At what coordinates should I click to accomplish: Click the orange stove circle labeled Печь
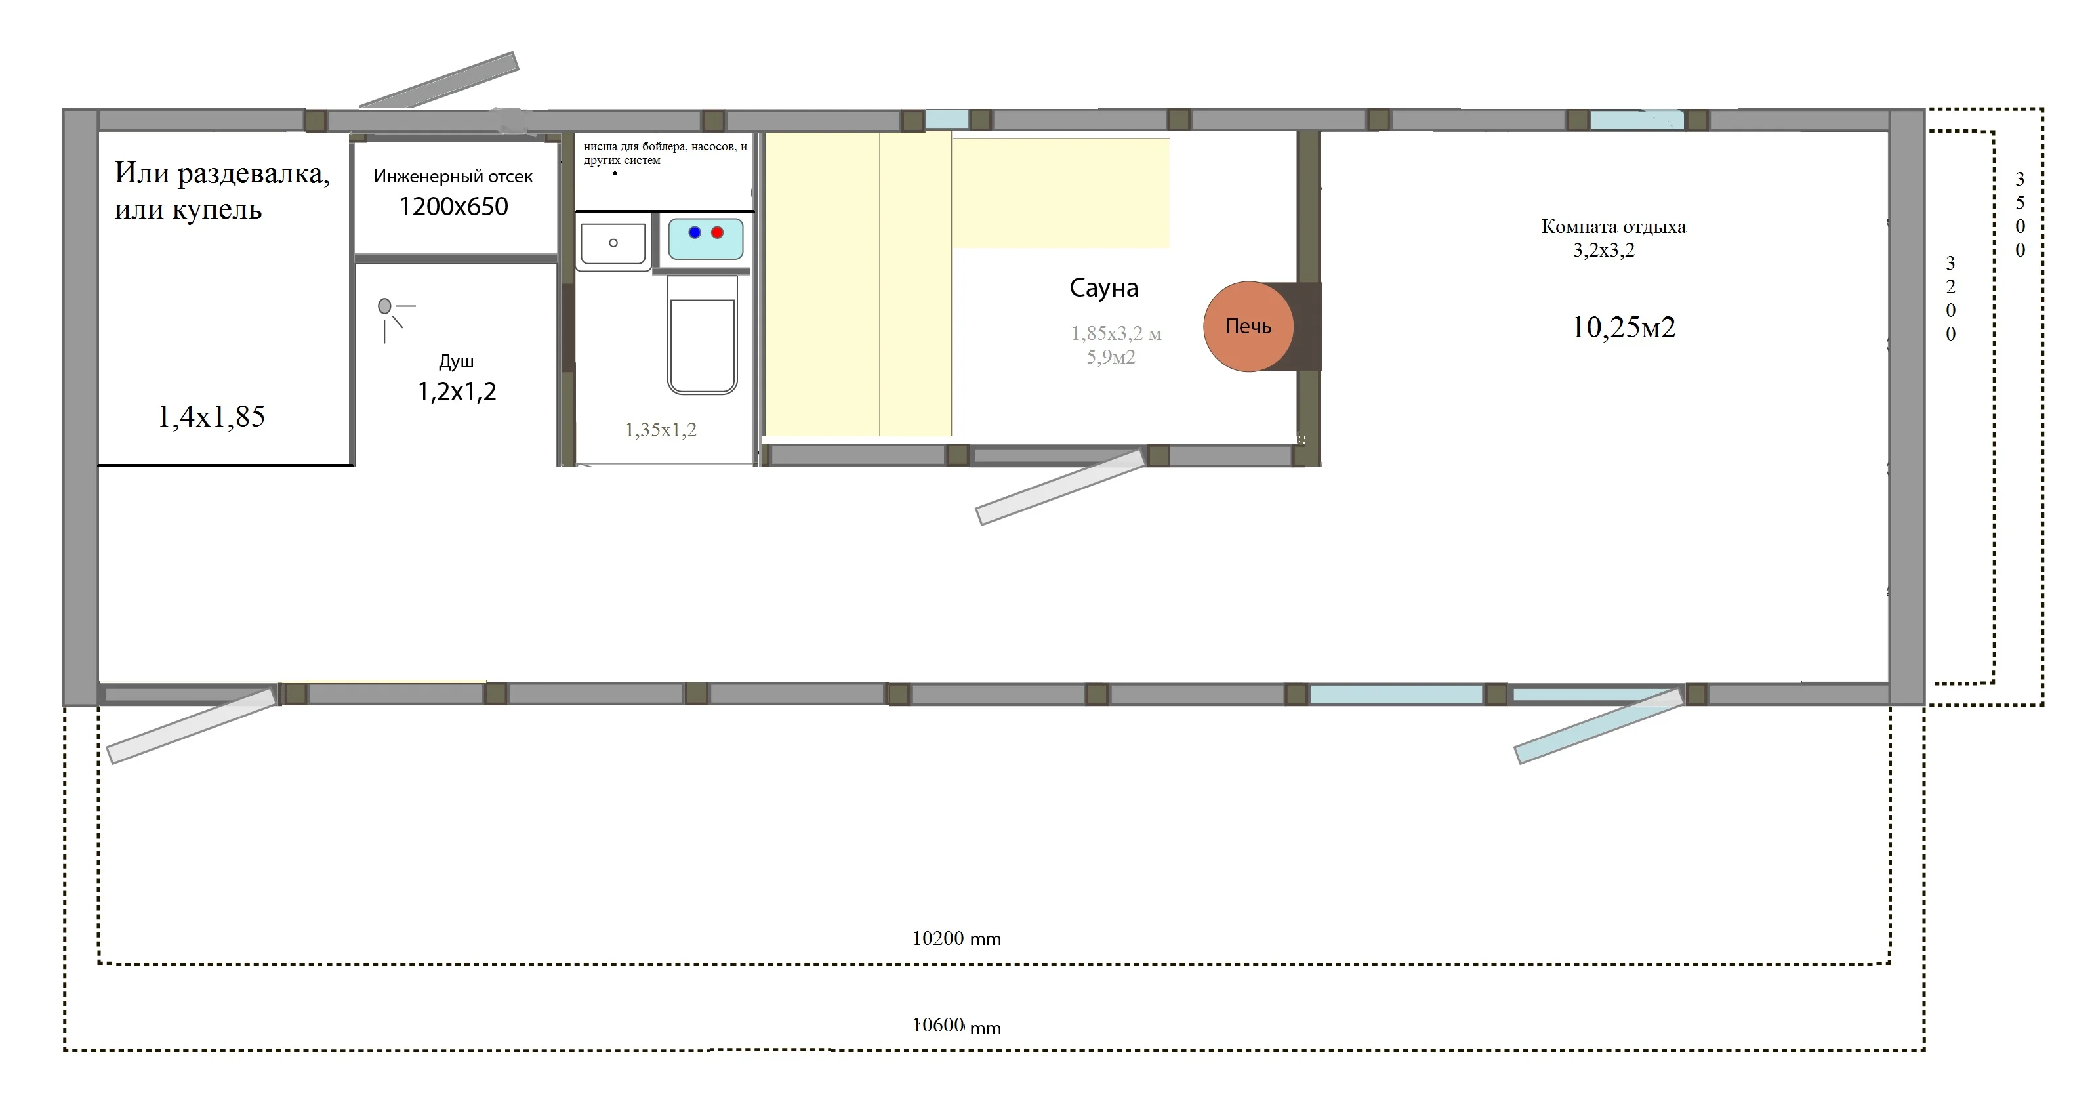pyautogui.click(x=1248, y=327)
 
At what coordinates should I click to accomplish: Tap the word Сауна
pyautogui.click(x=1103, y=287)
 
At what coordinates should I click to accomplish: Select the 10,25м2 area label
pyautogui.click(x=1624, y=327)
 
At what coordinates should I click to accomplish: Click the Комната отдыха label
pyautogui.click(x=1613, y=226)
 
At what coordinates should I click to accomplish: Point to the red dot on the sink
pyautogui.click(x=717, y=232)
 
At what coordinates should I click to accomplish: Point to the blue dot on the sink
pyautogui.click(x=694, y=232)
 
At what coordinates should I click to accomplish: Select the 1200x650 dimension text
pyautogui.click(x=453, y=207)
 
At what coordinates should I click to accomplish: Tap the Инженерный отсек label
pyautogui.click(x=453, y=177)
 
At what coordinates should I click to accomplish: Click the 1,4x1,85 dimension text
pyautogui.click(x=211, y=417)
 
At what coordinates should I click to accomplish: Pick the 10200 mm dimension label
pyautogui.click(x=956, y=938)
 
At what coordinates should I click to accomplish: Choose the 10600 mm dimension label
pyautogui.click(x=956, y=1026)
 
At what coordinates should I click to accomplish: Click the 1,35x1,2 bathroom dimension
pyautogui.click(x=660, y=430)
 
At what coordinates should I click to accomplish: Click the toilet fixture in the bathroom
pyautogui.click(x=703, y=334)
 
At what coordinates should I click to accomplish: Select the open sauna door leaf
pyautogui.click(x=1060, y=488)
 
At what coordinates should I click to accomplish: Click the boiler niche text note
pyautogui.click(x=665, y=153)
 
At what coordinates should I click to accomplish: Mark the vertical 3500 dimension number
pyautogui.click(x=2020, y=215)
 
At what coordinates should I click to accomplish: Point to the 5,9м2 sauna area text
pyautogui.click(x=1111, y=356)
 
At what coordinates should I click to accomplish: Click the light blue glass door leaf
pyautogui.click(x=1598, y=726)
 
